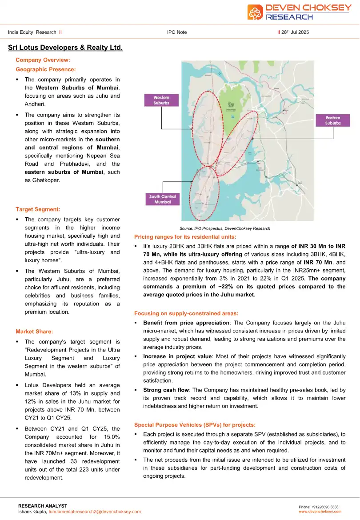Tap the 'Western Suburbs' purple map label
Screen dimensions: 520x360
[161, 100]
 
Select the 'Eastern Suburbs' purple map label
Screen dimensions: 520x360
[333, 120]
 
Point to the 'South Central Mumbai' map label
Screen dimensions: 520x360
[163, 199]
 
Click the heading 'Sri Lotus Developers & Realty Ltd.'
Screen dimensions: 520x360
[65, 48]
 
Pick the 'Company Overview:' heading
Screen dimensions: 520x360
[43, 60]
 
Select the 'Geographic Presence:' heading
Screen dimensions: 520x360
[46, 69]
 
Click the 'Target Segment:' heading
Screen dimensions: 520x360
[38, 209]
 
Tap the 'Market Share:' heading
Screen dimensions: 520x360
[34, 332]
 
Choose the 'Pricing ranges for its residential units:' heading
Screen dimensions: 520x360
[185, 236]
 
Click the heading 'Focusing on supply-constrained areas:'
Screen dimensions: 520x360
[186, 314]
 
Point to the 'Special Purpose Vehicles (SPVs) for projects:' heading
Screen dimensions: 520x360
[195, 425]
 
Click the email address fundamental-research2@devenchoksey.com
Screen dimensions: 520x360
[95, 512]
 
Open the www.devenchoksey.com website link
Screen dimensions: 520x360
[320, 512]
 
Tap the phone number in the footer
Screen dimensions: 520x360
[319, 507]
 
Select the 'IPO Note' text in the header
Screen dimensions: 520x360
[177, 32]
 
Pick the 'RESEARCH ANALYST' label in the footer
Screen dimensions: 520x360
[43, 506]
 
